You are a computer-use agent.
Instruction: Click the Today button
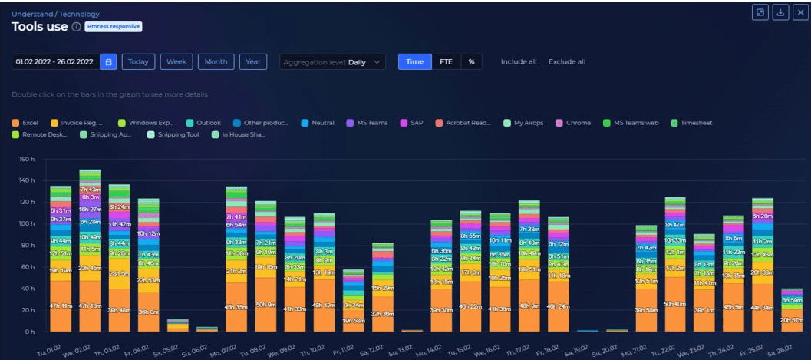tap(138, 62)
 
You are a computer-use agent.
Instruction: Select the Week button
tap(176, 62)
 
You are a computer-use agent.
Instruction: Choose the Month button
tap(216, 62)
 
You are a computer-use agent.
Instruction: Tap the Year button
tap(252, 62)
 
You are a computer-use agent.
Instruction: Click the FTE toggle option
tap(446, 62)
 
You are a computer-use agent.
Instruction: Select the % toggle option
tap(471, 62)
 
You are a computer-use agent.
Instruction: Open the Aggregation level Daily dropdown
tap(333, 62)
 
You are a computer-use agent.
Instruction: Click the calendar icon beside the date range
tap(108, 62)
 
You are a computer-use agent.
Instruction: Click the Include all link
tap(519, 62)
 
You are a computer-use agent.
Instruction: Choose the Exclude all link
tap(566, 62)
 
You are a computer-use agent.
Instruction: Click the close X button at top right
tap(799, 12)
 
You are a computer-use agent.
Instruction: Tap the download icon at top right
tap(780, 12)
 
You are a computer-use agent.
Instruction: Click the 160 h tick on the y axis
tap(27, 160)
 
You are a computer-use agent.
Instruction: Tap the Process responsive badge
tap(114, 27)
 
